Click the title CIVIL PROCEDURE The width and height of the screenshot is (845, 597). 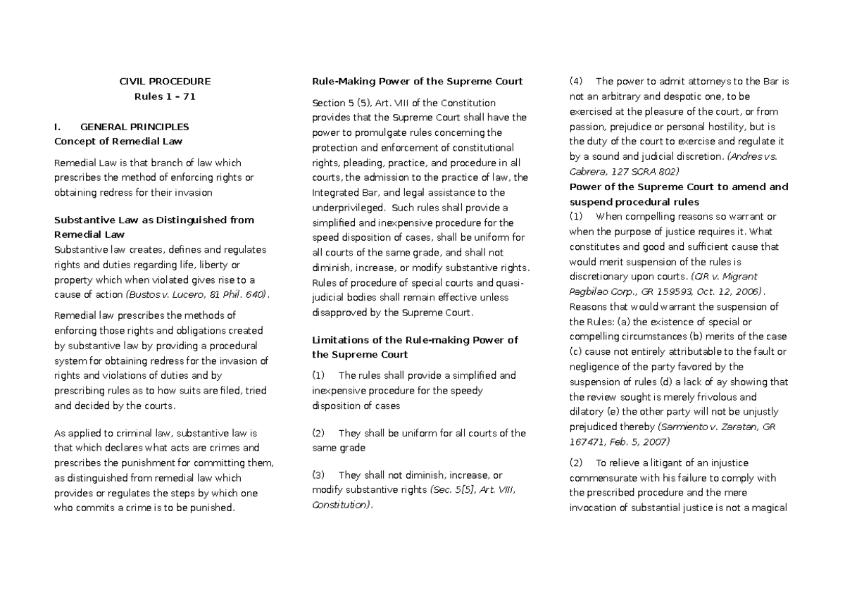164,81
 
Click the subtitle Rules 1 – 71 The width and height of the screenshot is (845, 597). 164,96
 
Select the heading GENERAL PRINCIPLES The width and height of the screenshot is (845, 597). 134,127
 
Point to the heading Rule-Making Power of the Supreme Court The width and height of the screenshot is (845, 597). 417,81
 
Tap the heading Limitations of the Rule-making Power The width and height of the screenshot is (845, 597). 415,340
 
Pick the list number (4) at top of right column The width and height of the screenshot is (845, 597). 575,81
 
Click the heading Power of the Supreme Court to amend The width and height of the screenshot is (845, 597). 678,187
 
